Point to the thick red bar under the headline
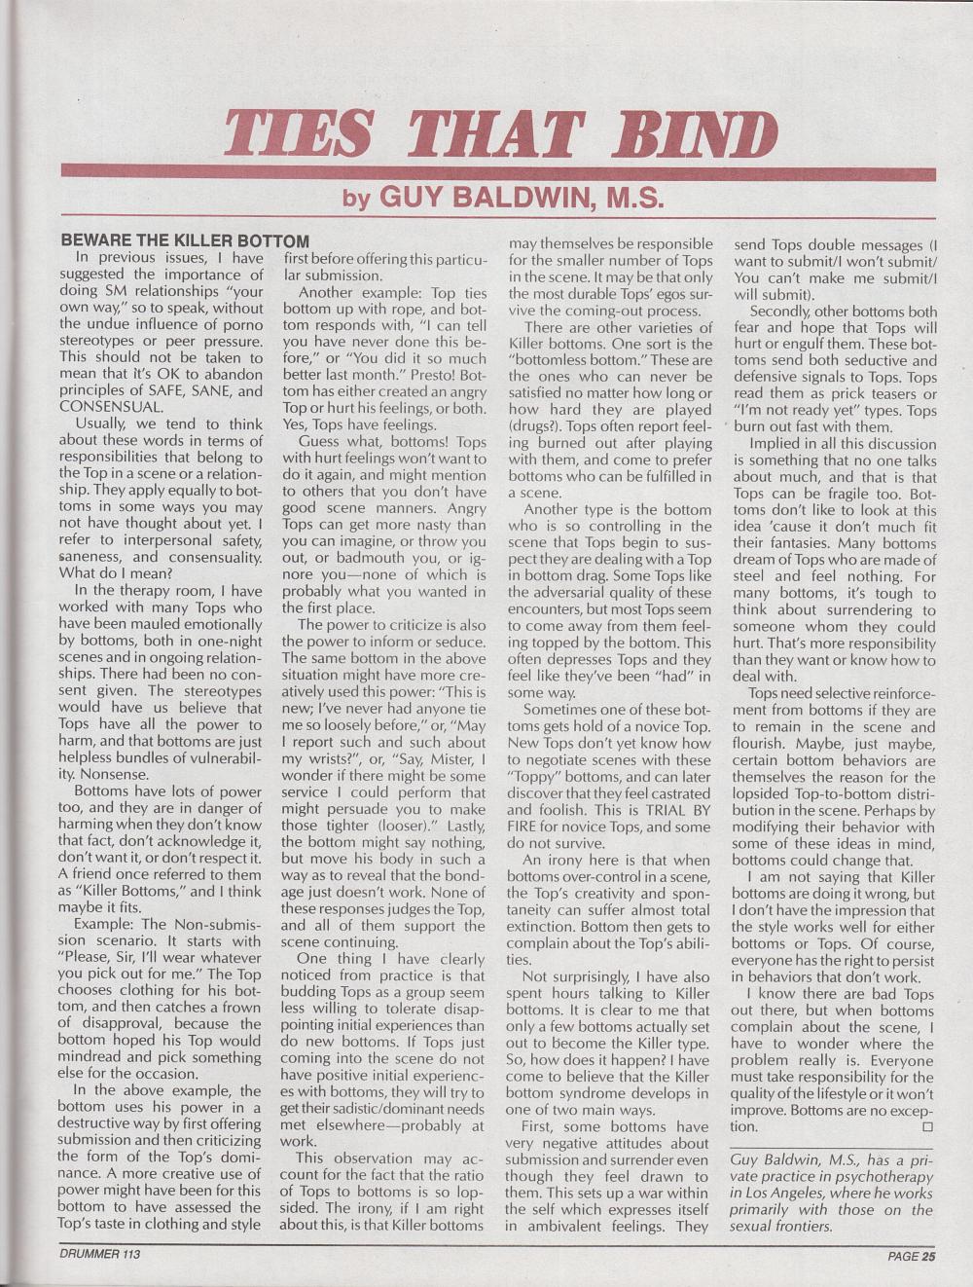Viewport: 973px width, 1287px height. (x=497, y=171)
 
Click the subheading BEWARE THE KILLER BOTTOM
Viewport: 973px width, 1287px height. (x=185, y=240)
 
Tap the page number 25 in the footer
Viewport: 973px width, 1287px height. (x=928, y=1256)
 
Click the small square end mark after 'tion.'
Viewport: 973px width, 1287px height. (x=926, y=1126)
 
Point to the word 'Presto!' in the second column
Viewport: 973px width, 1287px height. (x=402, y=375)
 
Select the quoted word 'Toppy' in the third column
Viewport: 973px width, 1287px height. (x=536, y=776)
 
